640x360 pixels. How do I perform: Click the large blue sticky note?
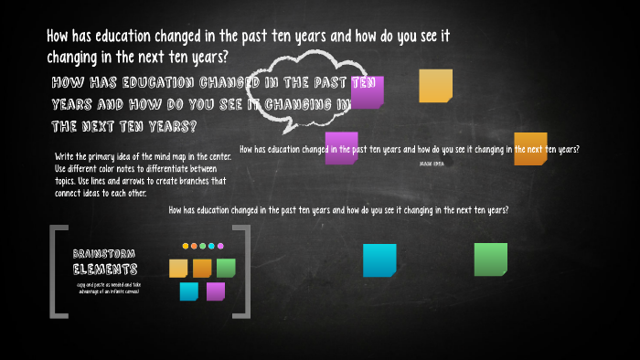379,259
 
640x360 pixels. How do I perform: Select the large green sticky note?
490,259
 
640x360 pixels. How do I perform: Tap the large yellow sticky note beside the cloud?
435,86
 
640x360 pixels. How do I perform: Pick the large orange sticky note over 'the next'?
530,148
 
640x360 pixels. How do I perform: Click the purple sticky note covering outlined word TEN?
368,91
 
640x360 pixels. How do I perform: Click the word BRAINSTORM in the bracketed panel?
104,253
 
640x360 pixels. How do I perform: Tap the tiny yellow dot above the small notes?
186,246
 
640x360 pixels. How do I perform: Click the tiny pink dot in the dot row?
219,246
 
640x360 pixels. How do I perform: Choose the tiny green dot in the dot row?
203,246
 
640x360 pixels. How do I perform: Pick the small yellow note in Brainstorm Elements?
178,269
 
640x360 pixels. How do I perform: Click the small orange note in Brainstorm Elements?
202,268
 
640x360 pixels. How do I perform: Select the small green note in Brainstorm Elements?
226,268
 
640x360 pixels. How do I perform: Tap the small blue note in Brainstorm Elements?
189,291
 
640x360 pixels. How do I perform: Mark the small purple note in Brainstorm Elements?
216,291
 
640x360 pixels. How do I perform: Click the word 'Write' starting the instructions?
64,156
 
